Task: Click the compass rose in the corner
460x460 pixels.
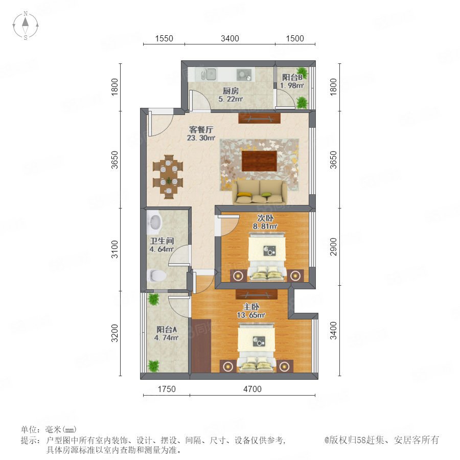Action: point(26,26)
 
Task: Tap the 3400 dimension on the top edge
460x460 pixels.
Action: point(229,38)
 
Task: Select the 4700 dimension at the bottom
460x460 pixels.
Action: point(252,389)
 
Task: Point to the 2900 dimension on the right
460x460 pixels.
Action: point(333,247)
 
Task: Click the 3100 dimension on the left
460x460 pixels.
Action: point(114,249)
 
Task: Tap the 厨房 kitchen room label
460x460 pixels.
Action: point(231,91)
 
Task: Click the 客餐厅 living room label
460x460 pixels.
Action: point(201,129)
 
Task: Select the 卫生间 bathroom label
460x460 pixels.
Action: point(162,241)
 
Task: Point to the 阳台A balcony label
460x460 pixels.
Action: point(167,329)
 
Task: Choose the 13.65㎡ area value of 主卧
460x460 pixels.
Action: point(251,315)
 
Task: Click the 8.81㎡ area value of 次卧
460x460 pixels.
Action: point(265,226)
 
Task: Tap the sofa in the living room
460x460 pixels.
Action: point(260,192)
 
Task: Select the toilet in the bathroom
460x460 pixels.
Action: point(157,275)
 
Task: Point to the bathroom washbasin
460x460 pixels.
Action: point(154,223)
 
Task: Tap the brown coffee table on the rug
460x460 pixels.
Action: point(259,160)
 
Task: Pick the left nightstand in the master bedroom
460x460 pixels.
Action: point(228,366)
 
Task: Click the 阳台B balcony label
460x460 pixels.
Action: point(292,77)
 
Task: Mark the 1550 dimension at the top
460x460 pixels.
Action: point(164,38)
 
